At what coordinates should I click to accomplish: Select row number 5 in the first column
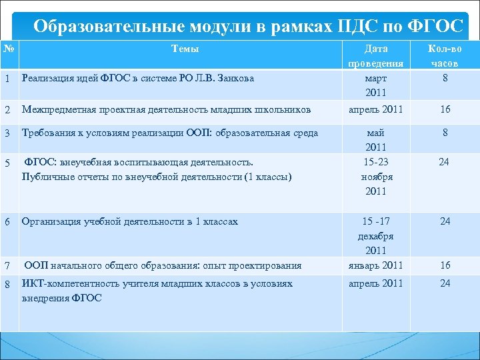[7, 161]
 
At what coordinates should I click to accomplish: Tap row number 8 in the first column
[7, 283]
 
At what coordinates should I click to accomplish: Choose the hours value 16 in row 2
[445, 109]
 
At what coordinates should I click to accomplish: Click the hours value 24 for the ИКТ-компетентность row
[445, 283]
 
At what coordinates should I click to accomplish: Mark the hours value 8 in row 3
[445, 133]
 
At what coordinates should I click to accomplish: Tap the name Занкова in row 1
[233, 79]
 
